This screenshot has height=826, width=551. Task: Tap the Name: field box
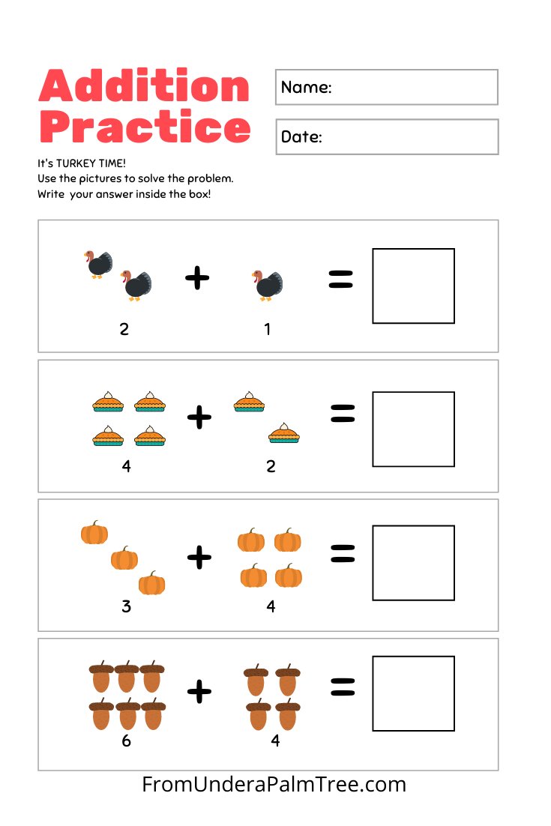tap(386, 87)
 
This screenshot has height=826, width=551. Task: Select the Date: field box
tap(386, 136)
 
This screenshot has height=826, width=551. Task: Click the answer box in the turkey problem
tap(413, 286)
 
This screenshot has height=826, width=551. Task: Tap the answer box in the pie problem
tap(413, 429)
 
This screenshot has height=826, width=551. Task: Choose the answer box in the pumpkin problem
tap(413, 562)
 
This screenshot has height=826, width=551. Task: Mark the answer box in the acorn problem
tap(413, 693)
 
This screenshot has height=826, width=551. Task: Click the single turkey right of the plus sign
tap(267, 285)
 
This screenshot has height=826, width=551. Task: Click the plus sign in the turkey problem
tap(197, 279)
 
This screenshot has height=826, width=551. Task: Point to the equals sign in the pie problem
tap(342, 413)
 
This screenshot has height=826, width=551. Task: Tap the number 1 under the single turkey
tap(268, 328)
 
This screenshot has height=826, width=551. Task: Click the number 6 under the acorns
tap(126, 741)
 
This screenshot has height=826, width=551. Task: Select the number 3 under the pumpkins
tap(126, 606)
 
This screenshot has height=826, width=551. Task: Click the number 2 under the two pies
tap(271, 466)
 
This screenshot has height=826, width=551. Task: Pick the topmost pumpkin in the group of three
tap(94, 533)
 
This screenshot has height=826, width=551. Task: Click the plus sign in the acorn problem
tap(199, 690)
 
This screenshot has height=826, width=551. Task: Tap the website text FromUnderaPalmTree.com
tap(274, 785)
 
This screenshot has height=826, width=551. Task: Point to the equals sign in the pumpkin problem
tap(342, 553)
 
